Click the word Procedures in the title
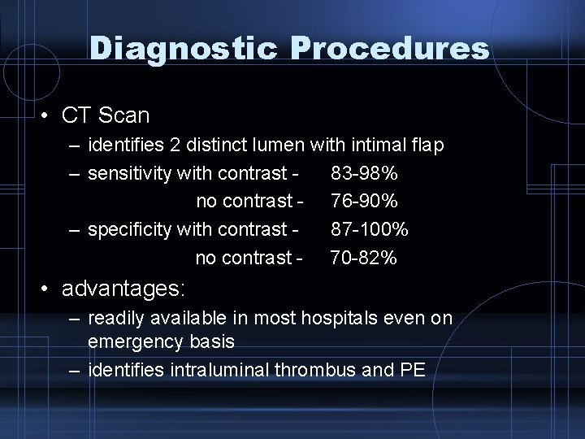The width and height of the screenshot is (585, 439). (x=388, y=50)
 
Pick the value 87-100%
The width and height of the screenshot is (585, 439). (x=370, y=229)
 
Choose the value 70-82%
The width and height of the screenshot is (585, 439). (x=363, y=258)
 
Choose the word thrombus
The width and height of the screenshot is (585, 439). (x=311, y=371)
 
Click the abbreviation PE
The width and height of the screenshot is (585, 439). (x=412, y=371)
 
